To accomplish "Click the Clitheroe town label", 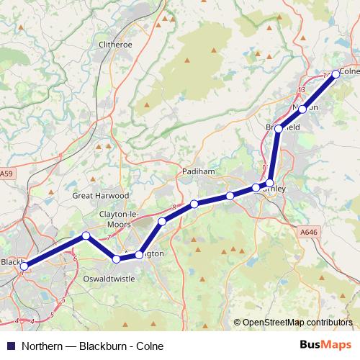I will pos(115,44).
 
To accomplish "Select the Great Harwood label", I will pos(101,195).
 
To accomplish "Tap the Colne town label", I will pos(348,71).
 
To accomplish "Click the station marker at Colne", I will pos(336,73).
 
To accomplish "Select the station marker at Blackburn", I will pos(24,267).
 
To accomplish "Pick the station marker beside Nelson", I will pos(303,109).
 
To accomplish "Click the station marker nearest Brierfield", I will pos(279,129).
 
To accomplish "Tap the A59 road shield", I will pos(6,174).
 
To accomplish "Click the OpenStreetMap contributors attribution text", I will pos(297,323).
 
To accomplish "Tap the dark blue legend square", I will pos(9,345).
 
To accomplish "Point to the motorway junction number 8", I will pos(174,208).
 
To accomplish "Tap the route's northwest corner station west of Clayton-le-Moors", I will pos(86,235).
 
